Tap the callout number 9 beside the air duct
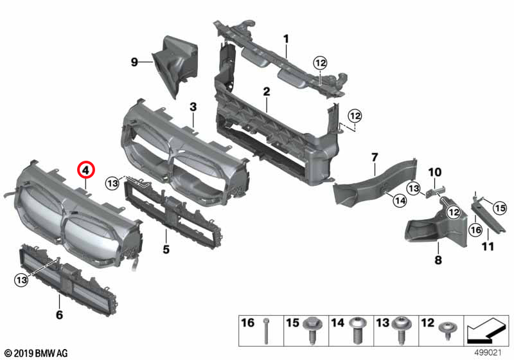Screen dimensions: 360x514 tap(134, 62)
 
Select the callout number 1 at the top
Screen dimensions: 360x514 tap(286, 39)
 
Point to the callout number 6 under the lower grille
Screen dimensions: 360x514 tap(59, 314)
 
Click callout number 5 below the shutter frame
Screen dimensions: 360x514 tap(165, 248)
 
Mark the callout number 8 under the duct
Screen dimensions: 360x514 tap(438, 260)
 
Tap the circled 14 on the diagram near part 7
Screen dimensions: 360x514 tap(400, 201)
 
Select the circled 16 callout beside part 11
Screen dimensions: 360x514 tap(475, 229)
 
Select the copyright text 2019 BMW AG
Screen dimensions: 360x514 tap(35, 353)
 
